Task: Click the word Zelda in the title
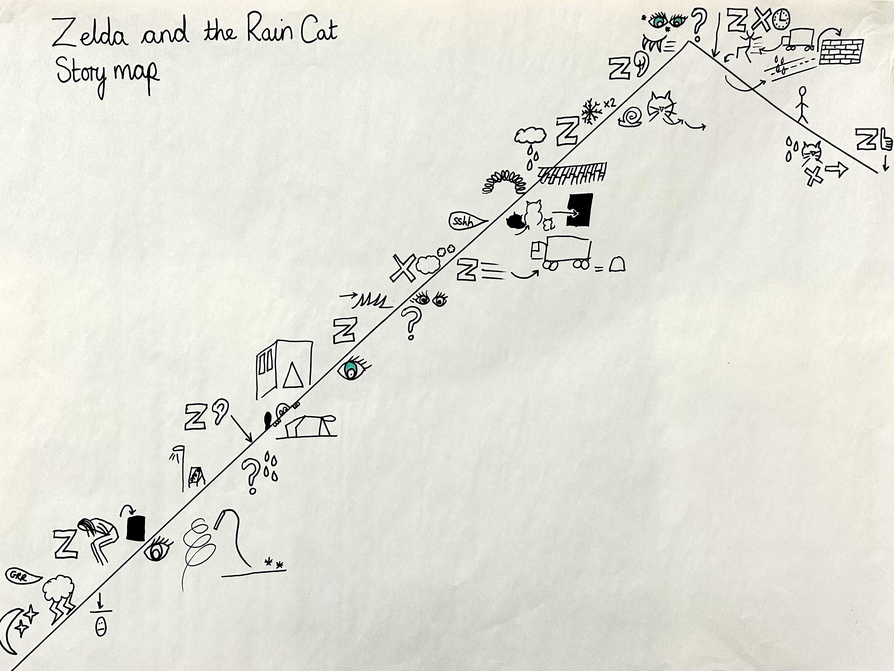pos(90,32)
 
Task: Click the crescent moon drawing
pos(9,635)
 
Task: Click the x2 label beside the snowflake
pos(609,103)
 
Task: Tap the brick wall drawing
pos(841,52)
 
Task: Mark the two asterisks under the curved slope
pos(273,563)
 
